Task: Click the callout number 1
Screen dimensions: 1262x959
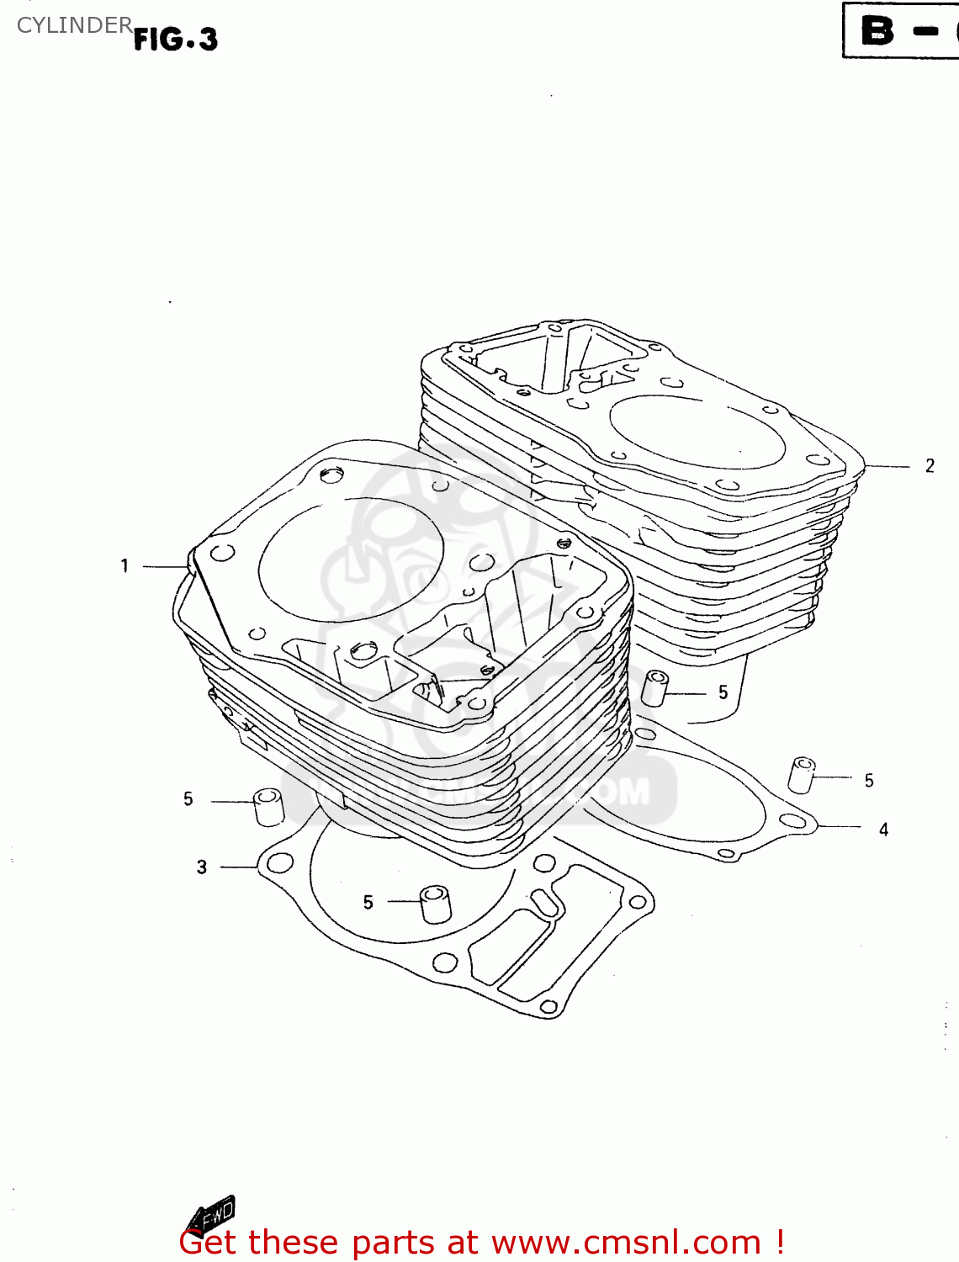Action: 125,566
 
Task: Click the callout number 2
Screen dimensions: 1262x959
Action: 930,466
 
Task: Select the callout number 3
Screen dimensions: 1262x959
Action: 202,867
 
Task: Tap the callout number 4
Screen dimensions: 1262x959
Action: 883,830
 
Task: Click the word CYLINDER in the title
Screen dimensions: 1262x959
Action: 74,25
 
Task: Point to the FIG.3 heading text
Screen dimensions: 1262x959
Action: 176,39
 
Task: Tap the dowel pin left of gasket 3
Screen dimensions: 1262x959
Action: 268,807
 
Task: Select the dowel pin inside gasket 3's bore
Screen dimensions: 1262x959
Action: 435,904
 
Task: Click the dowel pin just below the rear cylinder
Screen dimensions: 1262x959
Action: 654,687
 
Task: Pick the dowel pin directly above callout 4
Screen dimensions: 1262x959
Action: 801,775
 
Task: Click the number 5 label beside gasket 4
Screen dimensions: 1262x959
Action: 869,781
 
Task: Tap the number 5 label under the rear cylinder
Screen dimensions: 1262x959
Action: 723,692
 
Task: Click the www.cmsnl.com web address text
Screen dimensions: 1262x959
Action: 626,1243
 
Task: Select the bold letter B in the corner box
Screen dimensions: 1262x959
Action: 877,31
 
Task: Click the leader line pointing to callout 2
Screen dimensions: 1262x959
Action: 887,466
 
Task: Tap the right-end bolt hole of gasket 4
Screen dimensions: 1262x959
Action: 792,821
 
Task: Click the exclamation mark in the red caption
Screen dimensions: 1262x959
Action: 780,1242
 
